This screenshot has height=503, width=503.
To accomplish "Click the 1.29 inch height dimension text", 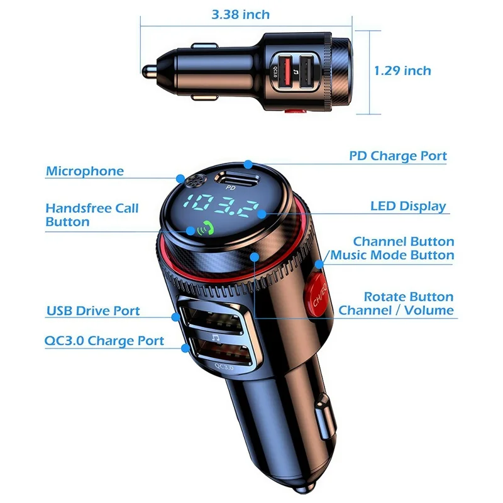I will coord(402,70).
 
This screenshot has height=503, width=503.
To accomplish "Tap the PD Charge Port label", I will coord(398,156).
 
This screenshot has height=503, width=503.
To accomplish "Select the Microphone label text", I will coord(85,171).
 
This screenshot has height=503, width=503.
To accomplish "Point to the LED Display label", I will coord(408,206).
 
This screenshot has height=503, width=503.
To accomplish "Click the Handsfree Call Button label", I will coord(92,214).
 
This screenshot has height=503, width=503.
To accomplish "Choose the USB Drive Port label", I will coord(93,311).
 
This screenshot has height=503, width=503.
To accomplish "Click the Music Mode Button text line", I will coord(392,255).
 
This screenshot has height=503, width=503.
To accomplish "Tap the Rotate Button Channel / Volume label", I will coord(396,303).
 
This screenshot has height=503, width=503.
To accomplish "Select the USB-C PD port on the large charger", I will coord(236,177).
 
